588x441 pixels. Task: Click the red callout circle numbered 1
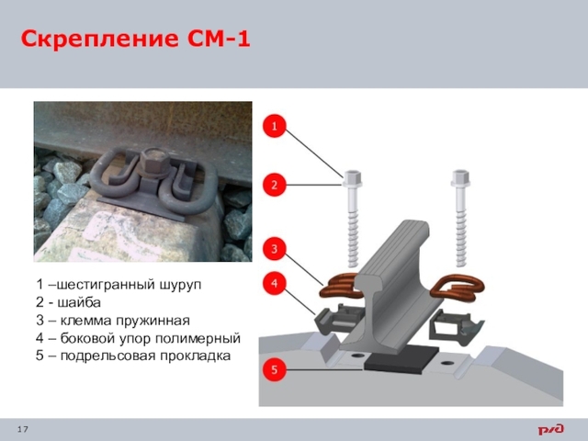pyautogui.click(x=274, y=126)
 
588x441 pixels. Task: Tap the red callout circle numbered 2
pyautogui.click(x=274, y=185)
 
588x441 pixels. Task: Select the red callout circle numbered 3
pyautogui.click(x=274, y=249)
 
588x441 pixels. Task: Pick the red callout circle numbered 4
pyautogui.click(x=274, y=284)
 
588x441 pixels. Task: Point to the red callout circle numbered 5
pyautogui.click(x=274, y=369)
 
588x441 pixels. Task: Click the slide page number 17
pyautogui.click(x=22, y=429)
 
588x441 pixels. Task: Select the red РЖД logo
pyautogui.click(x=551, y=429)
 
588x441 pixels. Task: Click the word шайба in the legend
pyautogui.click(x=79, y=302)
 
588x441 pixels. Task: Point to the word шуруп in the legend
pyautogui.click(x=181, y=285)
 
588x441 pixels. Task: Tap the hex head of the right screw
pyautogui.click(x=460, y=177)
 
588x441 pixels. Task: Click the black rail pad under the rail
pyautogui.click(x=401, y=360)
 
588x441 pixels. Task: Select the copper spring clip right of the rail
pyautogui.click(x=458, y=288)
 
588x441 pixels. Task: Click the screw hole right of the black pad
pyautogui.click(x=447, y=363)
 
